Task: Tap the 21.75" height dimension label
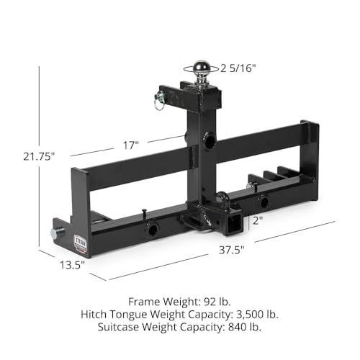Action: point(30,154)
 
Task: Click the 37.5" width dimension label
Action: point(233,250)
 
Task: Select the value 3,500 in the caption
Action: point(243,315)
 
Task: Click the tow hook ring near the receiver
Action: point(219,197)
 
